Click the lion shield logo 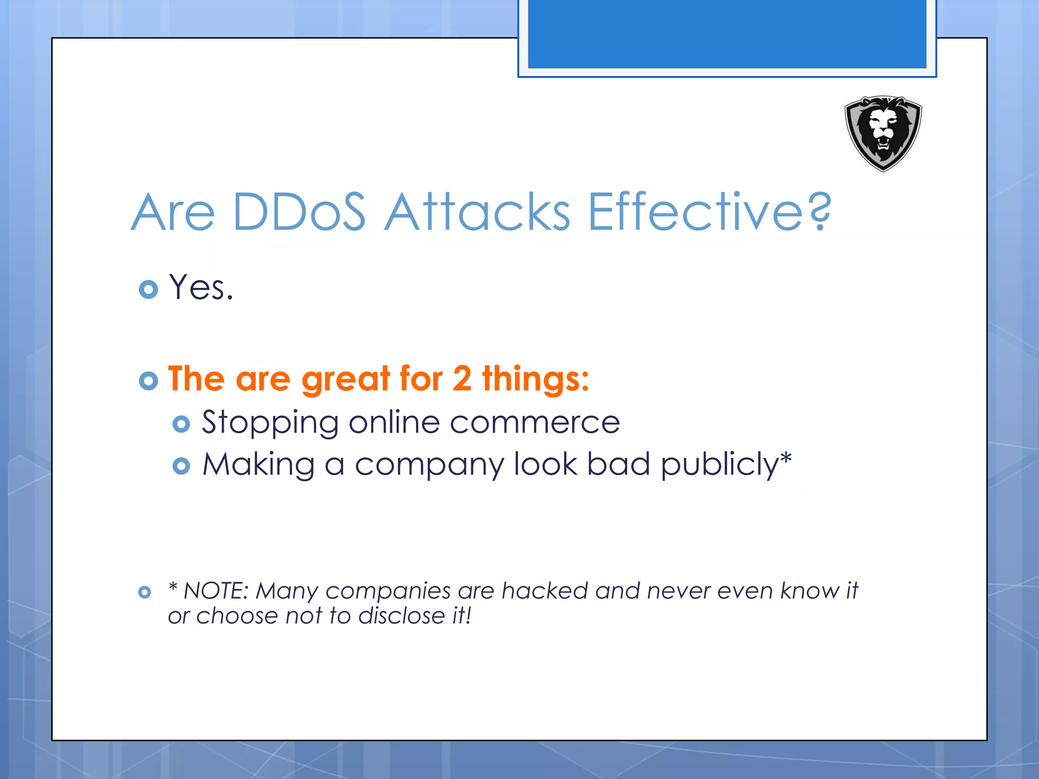[883, 133]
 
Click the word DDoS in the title [299, 212]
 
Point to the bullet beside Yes [148, 289]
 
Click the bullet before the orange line [148, 380]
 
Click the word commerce [535, 423]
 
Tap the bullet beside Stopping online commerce [181, 423]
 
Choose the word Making [259, 465]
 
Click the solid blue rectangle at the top [726, 33]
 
